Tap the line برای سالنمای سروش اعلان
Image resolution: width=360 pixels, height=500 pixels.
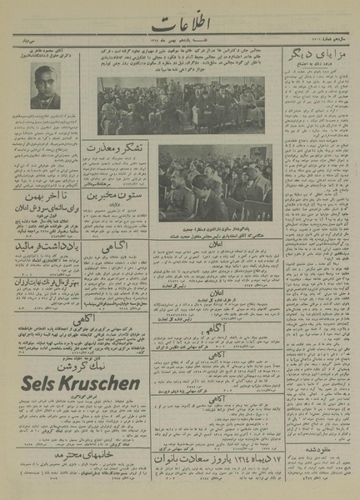point(47,213)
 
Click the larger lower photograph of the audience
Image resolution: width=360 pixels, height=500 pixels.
point(215,179)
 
